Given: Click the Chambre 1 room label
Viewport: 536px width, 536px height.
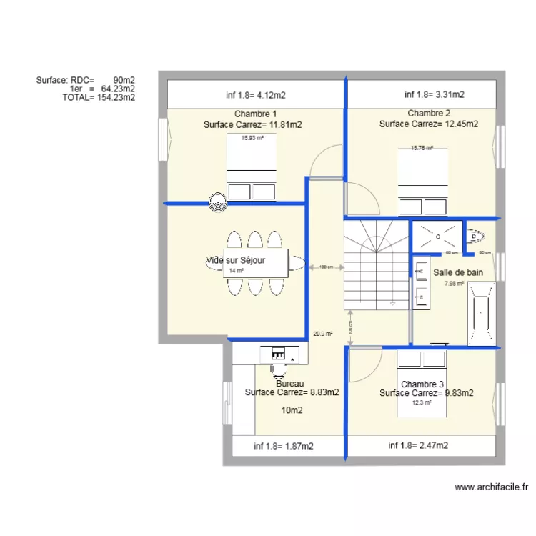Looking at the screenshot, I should coord(255,114).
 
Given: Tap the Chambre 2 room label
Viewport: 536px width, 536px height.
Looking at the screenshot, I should coord(429,114).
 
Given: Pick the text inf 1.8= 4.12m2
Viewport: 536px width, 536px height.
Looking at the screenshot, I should coord(256,94).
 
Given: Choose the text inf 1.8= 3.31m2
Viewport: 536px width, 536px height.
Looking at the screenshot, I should coord(435,94).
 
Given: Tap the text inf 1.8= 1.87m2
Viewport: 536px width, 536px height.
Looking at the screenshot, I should coord(284,446).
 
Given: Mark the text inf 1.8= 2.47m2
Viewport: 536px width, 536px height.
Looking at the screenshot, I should coord(418,446).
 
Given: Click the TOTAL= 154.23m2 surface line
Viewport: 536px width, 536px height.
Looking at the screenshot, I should coord(99,98).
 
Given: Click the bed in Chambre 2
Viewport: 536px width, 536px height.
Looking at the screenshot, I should coord(422,182).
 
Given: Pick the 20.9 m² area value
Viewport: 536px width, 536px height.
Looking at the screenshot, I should coord(323,334).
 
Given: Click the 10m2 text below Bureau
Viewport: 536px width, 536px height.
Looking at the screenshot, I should coord(292,410).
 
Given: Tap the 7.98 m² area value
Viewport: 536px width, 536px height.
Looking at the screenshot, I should coord(453,284).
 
